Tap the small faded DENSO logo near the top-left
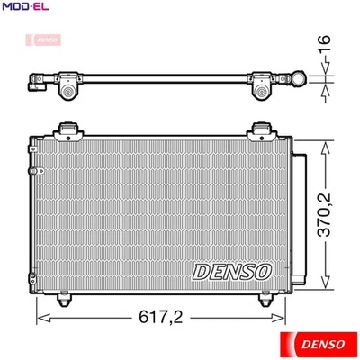[x=46, y=40]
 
